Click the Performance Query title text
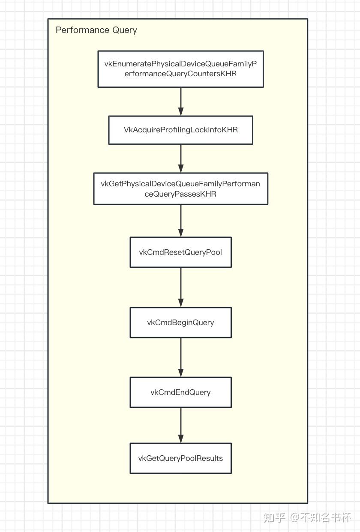click(96, 30)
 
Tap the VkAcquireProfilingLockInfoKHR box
click(180, 130)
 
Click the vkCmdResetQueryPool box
click(180, 252)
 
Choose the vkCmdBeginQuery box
click(180, 323)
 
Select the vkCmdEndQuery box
click(180, 392)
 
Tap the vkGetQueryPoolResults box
click(180, 458)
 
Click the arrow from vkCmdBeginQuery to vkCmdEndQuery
click(180, 357)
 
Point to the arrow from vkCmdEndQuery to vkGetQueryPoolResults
click(180, 425)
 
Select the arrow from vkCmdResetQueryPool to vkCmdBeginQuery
click(180, 287)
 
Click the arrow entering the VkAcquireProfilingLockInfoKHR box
click(180, 102)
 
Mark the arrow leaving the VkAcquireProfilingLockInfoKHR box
click(180, 158)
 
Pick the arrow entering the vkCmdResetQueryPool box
click(180, 221)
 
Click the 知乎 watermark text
click(274, 517)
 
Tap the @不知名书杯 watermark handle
click(320, 517)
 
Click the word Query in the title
click(125, 30)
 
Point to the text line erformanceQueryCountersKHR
click(180, 74)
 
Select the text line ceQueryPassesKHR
click(180, 194)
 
